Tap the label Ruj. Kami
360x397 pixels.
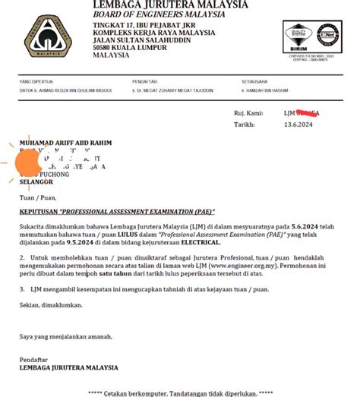tap(249, 112)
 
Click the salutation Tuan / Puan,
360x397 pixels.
tap(36, 197)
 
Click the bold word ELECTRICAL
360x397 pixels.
tap(197, 243)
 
